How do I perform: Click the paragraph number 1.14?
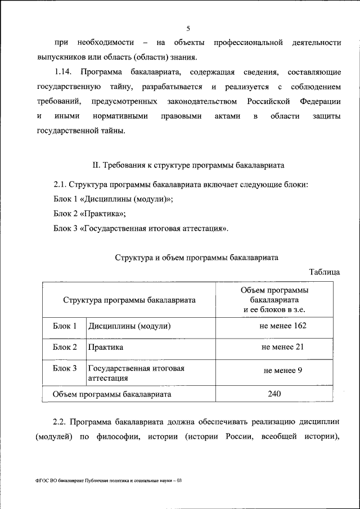tap(64, 73)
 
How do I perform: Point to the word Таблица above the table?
tap(324, 272)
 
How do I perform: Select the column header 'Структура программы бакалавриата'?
tap(129, 300)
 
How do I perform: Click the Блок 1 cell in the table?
tap(65, 326)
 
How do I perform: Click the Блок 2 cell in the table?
tap(65, 348)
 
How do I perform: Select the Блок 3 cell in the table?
tap(65, 368)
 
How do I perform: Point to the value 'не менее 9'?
tap(282, 371)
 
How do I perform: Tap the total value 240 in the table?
tap(274, 394)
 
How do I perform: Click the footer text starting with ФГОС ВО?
tap(109, 481)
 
